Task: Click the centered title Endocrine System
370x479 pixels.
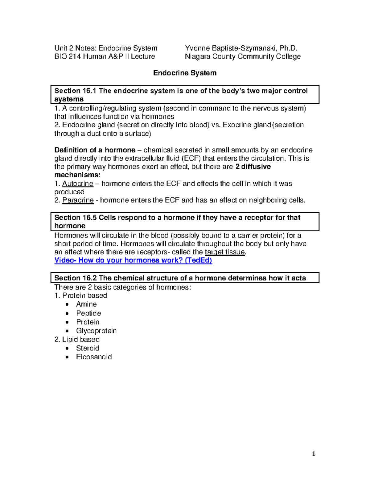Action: pyautogui.click(x=185, y=73)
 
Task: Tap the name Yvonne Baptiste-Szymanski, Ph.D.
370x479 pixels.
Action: pyautogui.click(x=241, y=48)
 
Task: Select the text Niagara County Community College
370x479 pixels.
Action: pyautogui.click(x=243, y=56)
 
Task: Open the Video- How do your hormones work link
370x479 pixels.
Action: pyautogui.click(x=133, y=260)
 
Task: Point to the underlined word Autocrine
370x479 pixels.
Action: pyautogui.click(x=78, y=184)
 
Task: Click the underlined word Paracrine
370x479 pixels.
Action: pyautogui.click(x=78, y=200)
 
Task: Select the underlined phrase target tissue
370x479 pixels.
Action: pyautogui.click(x=225, y=252)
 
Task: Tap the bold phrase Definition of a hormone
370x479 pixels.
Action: pyautogui.click(x=95, y=150)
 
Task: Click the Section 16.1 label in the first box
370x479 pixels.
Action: pyautogui.click(x=75, y=91)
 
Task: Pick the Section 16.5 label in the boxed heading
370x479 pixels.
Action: pyautogui.click(x=75, y=218)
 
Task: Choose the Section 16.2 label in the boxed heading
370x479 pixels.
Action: pyautogui.click(x=75, y=278)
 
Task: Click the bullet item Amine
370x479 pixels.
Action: pyautogui.click(x=86, y=304)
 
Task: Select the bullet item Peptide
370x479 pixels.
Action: pyautogui.click(x=88, y=313)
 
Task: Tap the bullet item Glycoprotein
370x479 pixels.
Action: pyautogui.click(x=96, y=331)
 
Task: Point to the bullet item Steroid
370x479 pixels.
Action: pyautogui.click(x=88, y=348)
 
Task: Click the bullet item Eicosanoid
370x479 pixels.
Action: pyautogui.click(x=94, y=357)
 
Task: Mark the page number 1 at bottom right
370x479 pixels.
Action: pyautogui.click(x=314, y=454)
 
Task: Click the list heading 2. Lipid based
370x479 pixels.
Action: pyautogui.click(x=77, y=340)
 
